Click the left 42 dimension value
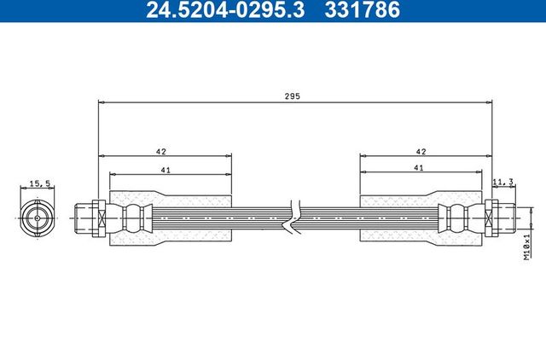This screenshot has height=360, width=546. [160, 150]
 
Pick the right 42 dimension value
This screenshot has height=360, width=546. [420, 150]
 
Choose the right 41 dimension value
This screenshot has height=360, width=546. [418, 169]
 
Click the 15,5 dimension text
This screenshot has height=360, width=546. [39, 183]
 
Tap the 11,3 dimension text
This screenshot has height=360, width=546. [502, 181]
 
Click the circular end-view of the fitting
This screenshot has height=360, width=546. [39, 218]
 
